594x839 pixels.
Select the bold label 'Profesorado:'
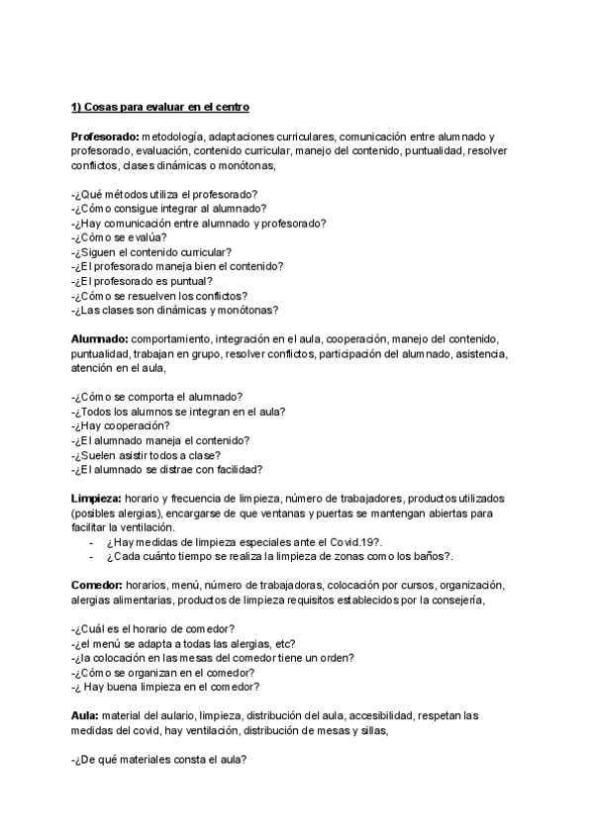coord(105,136)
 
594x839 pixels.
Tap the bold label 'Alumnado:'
coord(99,338)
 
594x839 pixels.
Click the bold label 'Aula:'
coord(86,714)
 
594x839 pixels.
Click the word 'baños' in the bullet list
coord(426,557)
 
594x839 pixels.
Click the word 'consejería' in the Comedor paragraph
coord(454,600)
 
